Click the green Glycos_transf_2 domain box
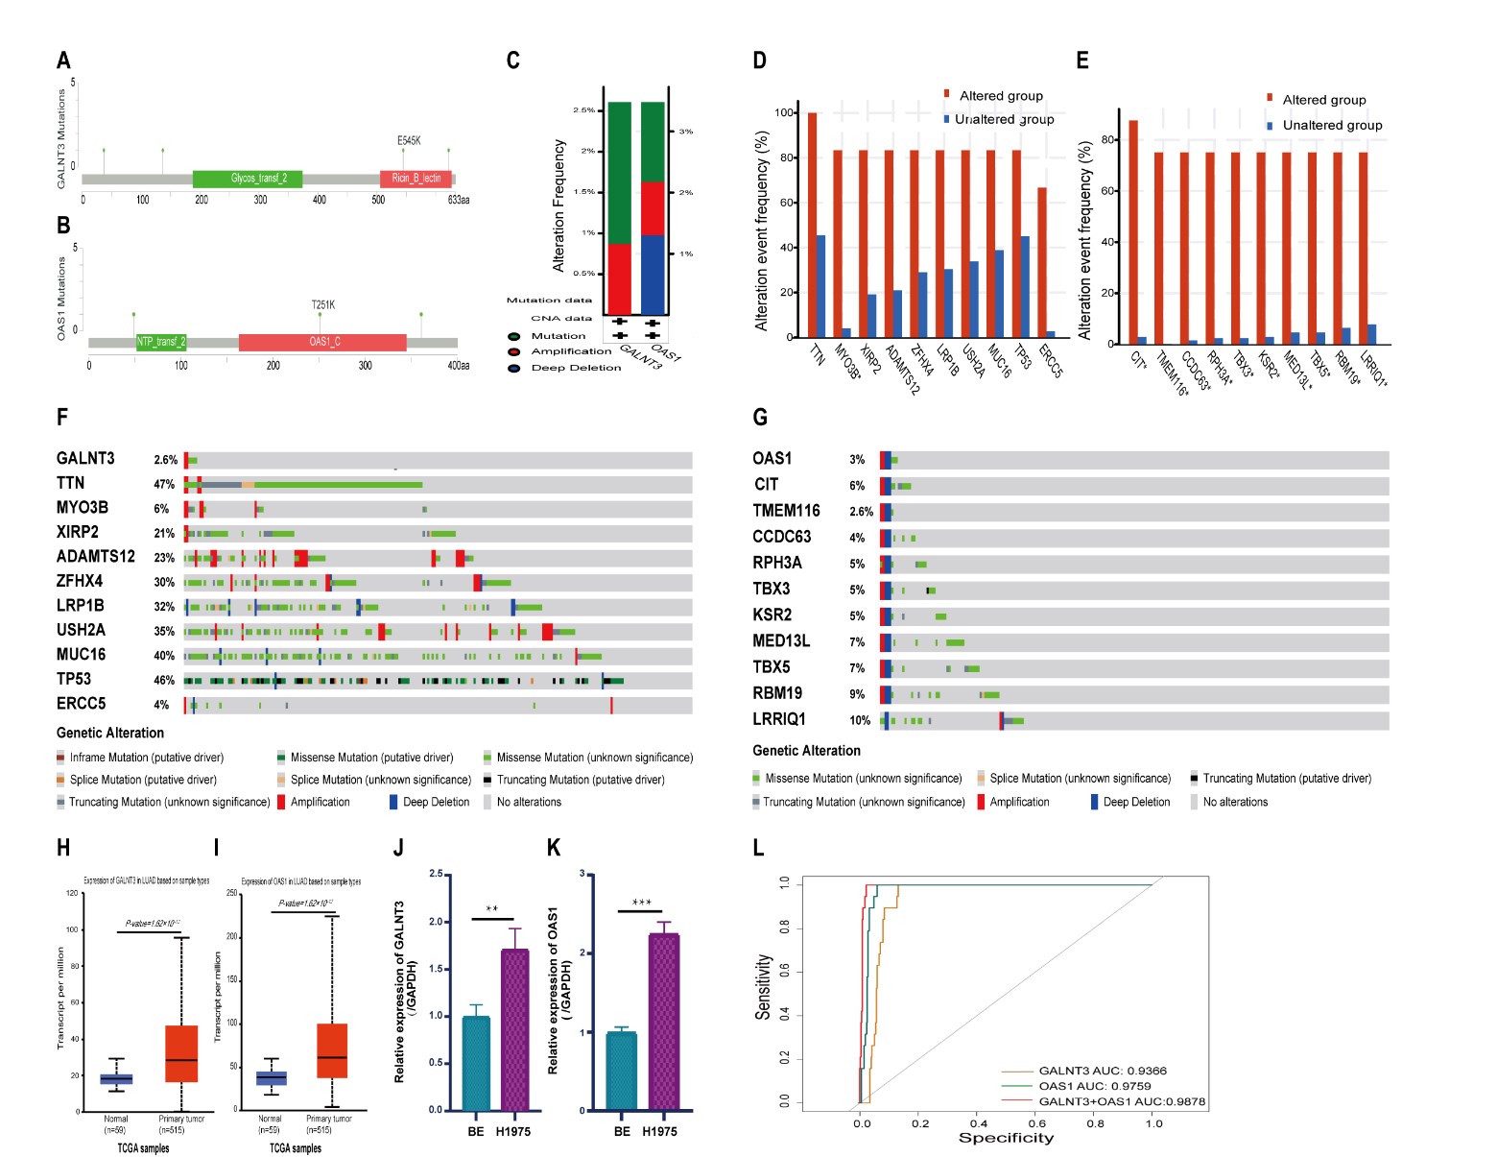pyautogui.click(x=248, y=179)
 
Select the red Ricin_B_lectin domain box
pyautogui.click(x=416, y=179)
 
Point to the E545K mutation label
pyautogui.click(x=409, y=141)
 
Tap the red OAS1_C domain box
pyautogui.click(x=323, y=342)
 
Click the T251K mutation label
pyautogui.click(x=323, y=305)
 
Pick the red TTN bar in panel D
pyautogui.click(x=812, y=226)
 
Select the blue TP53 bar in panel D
pyautogui.click(x=1025, y=287)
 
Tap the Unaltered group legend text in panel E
pyautogui.click(x=1332, y=126)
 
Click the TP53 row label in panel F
pyautogui.click(x=74, y=680)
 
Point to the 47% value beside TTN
pyautogui.click(x=164, y=485)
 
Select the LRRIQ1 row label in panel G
pyautogui.click(x=779, y=719)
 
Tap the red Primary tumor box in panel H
pyautogui.click(x=181, y=1053)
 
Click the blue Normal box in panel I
pyautogui.click(x=272, y=1078)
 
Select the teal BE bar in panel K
pyautogui.click(x=622, y=1071)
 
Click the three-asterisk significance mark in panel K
pyautogui.click(x=642, y=903)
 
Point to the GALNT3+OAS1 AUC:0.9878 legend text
pyautogui.click(x=1121, y=1101)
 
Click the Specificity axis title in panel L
pyautogui.click(x=1006, y=1138)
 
